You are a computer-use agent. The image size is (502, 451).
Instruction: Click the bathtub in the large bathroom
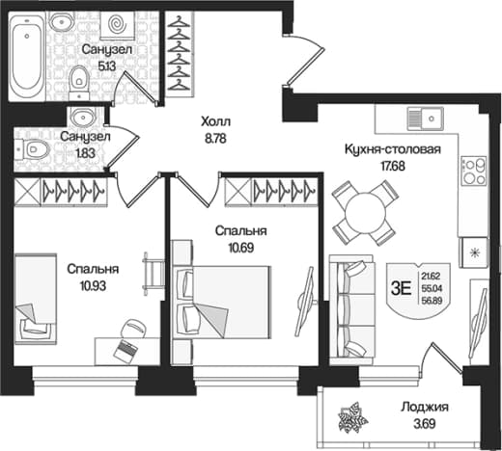pyautogui.click(x=26, y=56)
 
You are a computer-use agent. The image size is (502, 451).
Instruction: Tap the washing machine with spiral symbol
pyautogui.click(x=117, y=24)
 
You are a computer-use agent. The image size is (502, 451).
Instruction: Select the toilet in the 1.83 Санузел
pyautogui.click(x=32, y=149)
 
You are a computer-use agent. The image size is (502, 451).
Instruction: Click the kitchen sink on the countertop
pyautogui.click(x=425, y=119)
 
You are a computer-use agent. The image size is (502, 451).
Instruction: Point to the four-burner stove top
pyautogui.click(x=473, y=171)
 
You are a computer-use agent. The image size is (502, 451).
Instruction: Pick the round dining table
pyautogui.click(x=365, y=213)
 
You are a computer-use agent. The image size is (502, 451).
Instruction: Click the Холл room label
pyautogui.click(x=215, y=122)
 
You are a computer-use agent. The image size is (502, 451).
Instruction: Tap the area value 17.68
pyautogui.click(x=392, y=166)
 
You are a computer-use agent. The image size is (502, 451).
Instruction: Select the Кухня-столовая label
pyautogui.click(x=393, y=149)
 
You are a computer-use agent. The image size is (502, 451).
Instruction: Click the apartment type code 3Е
pyautogui.click(x=401, y=289)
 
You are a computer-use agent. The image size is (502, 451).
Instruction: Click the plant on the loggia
pyautogui.click(x=352, y=416)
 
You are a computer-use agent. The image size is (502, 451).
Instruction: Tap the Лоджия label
pyautogui.click(x=425, y=407)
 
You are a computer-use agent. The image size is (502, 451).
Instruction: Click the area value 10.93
pyautogui.click(x=94, y=285)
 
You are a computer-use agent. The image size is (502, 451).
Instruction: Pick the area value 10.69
pyautogui.click(x=241, y=248)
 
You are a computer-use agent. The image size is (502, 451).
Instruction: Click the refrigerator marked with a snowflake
pyautogui.click(x=473, y=252)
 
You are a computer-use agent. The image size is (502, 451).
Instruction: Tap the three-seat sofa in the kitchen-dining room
pyautogui.click(x=351, y=310)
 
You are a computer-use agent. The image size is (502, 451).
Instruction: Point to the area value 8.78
pyautogui.click(x=215, y=139)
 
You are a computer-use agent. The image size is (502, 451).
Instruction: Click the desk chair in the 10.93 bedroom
pyautogui.click(x=133, y=328)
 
